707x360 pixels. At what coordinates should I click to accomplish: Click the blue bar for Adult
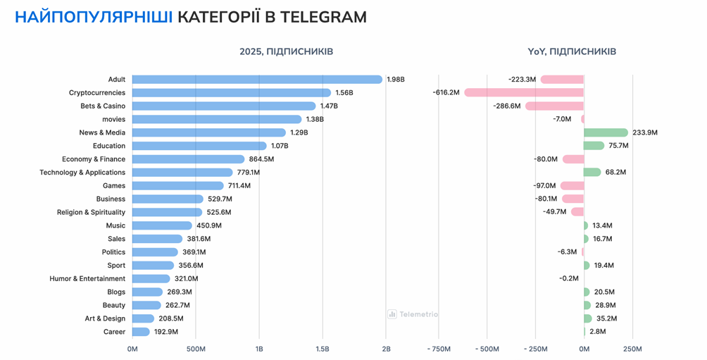[257, 80]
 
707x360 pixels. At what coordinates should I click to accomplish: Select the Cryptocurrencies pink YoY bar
[524, 93]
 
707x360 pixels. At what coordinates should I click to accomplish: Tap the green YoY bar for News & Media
[606, 132]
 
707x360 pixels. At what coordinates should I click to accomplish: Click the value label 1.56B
[345, 93]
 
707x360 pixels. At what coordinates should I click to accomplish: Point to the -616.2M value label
[446, 93]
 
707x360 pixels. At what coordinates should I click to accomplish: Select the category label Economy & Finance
[94, 159]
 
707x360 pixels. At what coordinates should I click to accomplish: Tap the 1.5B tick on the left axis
[323, 349]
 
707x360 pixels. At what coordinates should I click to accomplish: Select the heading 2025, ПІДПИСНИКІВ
[286, 52]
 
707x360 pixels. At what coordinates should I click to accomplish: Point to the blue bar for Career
[141, 332]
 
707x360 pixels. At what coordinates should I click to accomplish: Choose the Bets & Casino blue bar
[224, 106]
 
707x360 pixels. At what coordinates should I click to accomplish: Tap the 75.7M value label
[620, 146]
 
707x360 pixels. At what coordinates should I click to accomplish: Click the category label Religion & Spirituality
[91, 212]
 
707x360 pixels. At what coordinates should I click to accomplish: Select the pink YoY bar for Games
[573, 186]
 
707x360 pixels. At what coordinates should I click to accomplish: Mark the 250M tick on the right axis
[632, 349]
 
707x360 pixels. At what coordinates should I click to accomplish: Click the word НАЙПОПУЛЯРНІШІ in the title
[93, 17]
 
